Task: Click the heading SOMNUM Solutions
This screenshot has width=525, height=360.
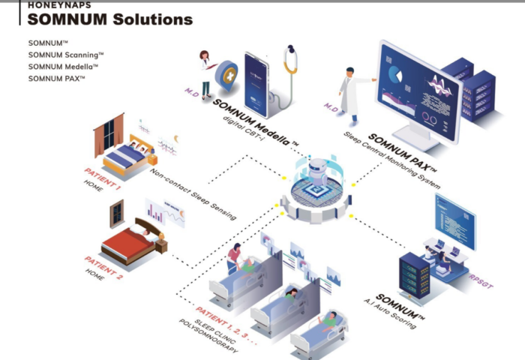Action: point(110,19)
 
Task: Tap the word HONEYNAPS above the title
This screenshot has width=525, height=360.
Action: point(59,5)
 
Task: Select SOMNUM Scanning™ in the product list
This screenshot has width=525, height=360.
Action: point(66,55)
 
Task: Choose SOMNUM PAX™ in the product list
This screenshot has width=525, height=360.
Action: point(56,79)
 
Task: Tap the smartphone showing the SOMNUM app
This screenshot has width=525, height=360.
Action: point(256,85)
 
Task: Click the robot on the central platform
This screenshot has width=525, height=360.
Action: point(318,172)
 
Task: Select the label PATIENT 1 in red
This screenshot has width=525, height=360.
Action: point(102,179)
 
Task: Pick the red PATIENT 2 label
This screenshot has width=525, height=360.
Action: point(103,268)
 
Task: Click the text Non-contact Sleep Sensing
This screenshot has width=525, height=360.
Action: point(193,194)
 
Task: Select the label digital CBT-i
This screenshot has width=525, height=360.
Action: point(244,128)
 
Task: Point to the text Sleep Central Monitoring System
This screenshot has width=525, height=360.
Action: point(391,160)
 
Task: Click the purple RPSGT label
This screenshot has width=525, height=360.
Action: point(481,282)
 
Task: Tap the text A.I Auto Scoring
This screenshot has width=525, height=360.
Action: point(390,314)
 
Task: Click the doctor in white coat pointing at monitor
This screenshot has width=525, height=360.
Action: point(352,94)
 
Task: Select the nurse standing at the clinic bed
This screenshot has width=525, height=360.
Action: point(235,258)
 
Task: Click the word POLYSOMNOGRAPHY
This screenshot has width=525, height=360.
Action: point(208,336)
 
